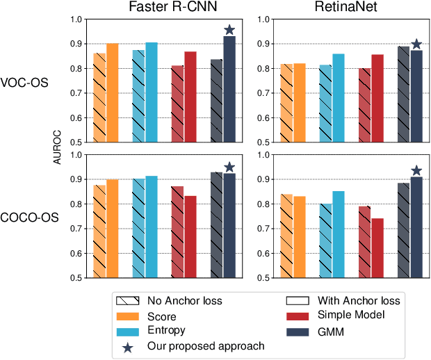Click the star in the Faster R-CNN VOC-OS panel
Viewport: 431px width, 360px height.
click(x=229, y=30)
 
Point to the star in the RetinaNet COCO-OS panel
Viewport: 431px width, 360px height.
click(x=416, y=170)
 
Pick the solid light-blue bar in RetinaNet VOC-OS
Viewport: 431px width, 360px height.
click(x=339, y=98)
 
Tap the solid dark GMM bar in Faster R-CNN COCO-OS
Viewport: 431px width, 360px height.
click(x=229, y=226)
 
